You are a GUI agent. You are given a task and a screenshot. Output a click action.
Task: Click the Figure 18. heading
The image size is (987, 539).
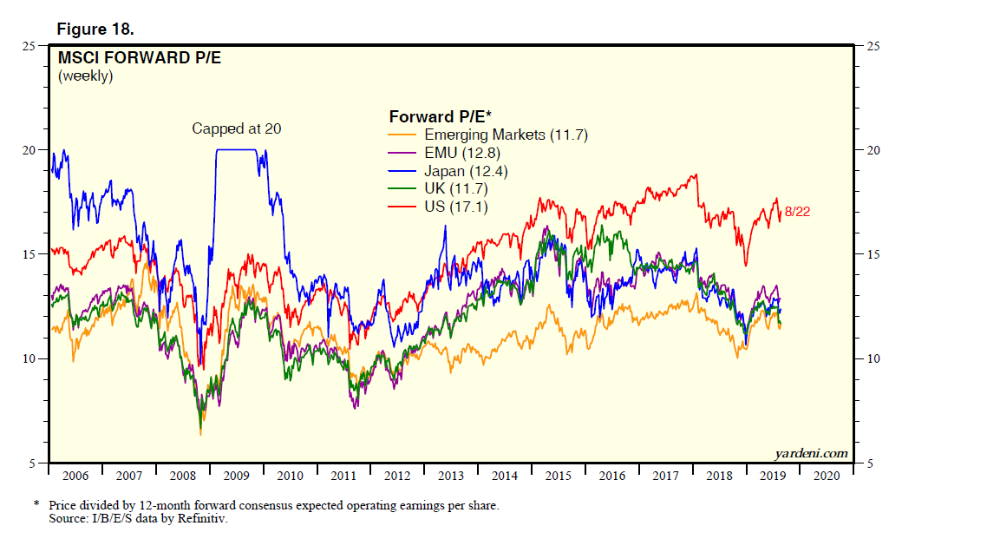95,30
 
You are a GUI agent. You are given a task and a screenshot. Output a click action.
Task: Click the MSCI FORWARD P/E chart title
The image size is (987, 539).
127,59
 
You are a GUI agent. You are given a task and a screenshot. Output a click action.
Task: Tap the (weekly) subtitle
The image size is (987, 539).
85,76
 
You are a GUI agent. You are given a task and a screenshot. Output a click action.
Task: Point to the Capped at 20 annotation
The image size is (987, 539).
237,129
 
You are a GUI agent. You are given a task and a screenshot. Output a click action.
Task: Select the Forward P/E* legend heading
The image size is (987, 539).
440,116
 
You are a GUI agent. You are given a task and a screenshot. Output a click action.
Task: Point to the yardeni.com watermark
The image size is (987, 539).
810,454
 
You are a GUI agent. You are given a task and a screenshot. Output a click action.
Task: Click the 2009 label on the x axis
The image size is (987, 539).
236,476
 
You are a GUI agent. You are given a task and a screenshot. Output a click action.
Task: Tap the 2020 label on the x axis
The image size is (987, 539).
827,476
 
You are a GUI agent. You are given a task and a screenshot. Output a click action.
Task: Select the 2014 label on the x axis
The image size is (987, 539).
504,476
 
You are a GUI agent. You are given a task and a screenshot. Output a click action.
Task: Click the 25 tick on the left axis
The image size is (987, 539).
29,46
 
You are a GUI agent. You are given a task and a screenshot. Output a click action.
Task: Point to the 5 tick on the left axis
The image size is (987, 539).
32,463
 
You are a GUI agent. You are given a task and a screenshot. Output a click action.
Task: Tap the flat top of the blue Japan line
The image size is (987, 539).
236,149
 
